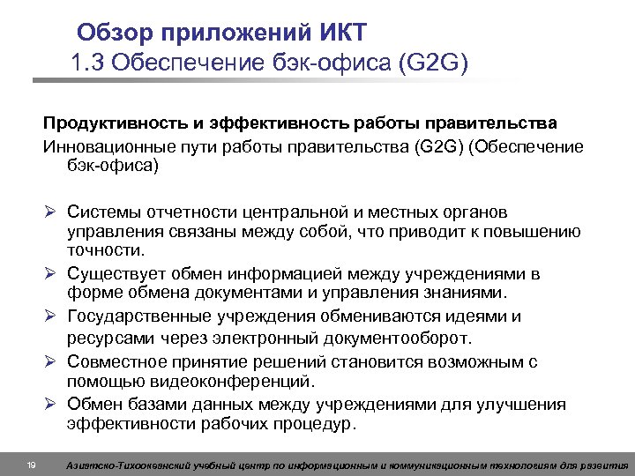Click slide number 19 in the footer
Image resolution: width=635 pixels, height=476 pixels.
(31, 465)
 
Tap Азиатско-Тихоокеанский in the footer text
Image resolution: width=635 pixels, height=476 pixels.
(123, 465)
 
